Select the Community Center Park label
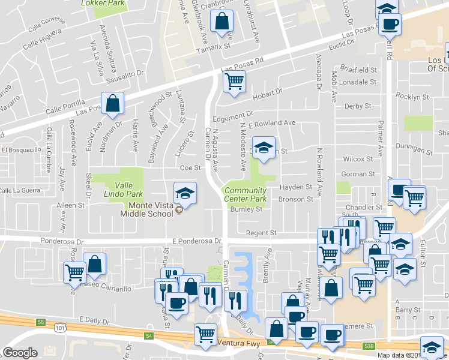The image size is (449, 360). coord(246,194)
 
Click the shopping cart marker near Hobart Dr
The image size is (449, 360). coord(234,80)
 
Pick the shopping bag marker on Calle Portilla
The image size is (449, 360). coord(112,103)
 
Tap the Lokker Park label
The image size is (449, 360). coord(98,2)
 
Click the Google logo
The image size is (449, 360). coord(20,352)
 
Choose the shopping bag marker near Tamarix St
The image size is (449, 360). coord(222,21)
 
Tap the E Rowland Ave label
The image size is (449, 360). coord(272,124)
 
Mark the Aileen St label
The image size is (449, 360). coord(71,205)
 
